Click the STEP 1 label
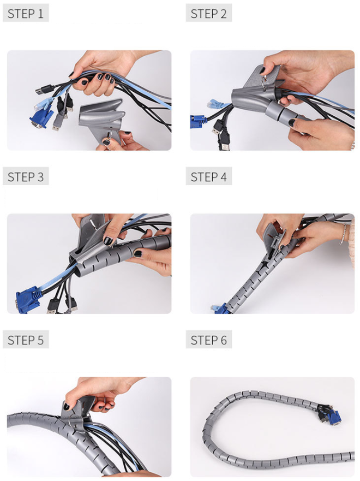point(26,14)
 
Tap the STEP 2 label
point(209,14)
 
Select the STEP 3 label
point(26,177)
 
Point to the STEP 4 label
point(209,177)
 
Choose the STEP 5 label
point(26,340)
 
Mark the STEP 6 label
point(209,340)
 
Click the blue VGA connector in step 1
point(38,118)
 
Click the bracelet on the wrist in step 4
point(344,234)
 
